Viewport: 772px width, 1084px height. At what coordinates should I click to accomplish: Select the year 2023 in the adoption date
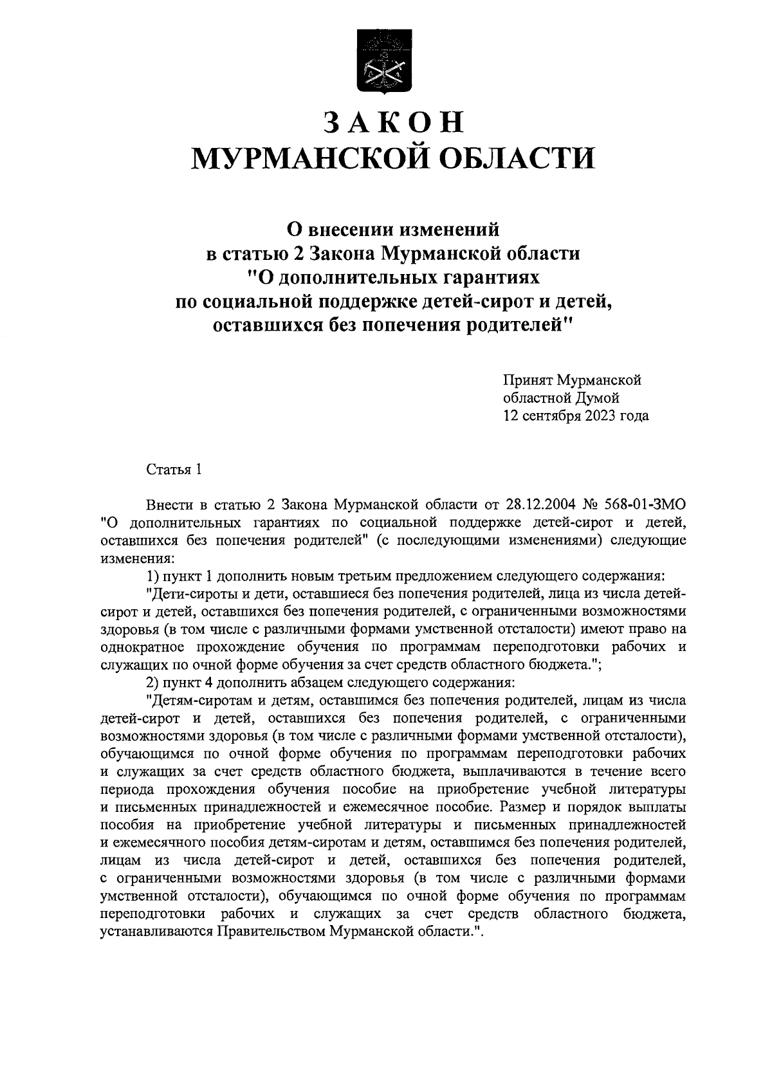602,416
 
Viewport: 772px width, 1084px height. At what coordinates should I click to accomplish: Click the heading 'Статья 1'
174,469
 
